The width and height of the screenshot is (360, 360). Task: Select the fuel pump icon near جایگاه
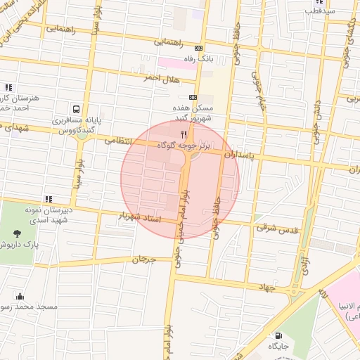click(279, 335)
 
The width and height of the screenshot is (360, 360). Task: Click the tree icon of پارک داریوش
click(16, 233)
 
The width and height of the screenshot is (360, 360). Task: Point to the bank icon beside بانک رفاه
click(198, 49)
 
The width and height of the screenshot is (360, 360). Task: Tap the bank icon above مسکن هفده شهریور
click(193, 98)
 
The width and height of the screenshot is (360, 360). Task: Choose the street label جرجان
click(143, 259)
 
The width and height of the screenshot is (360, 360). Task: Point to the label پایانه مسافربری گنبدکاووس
click(76, 125)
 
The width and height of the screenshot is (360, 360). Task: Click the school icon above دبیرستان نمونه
click(49, 199)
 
